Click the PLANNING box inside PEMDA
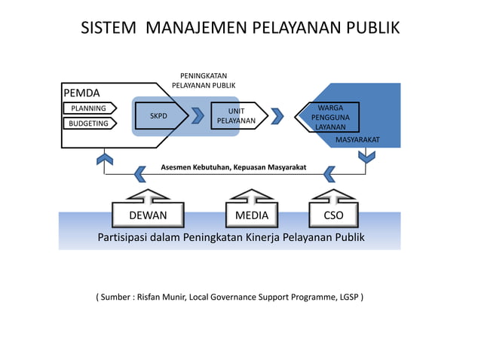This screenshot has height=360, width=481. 88,108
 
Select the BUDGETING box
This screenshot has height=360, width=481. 88,124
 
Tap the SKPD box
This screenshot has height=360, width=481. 160,116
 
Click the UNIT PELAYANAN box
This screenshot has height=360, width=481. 236,116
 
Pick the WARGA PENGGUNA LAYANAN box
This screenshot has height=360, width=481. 329,117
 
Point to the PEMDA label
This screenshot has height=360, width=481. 81,93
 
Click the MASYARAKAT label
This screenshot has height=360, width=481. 357,140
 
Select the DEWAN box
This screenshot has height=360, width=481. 148,215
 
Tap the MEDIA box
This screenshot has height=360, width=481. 251,215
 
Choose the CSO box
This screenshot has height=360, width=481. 332,215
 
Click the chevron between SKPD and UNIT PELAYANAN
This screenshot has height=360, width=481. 198,116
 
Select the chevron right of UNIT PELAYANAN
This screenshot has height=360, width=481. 277,116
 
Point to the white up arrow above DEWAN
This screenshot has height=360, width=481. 148,196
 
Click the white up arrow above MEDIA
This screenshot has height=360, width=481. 251,196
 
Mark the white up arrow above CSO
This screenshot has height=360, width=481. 332,196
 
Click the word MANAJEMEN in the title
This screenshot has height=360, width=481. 198,29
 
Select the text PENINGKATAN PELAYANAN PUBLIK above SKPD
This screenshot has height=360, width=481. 204,81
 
